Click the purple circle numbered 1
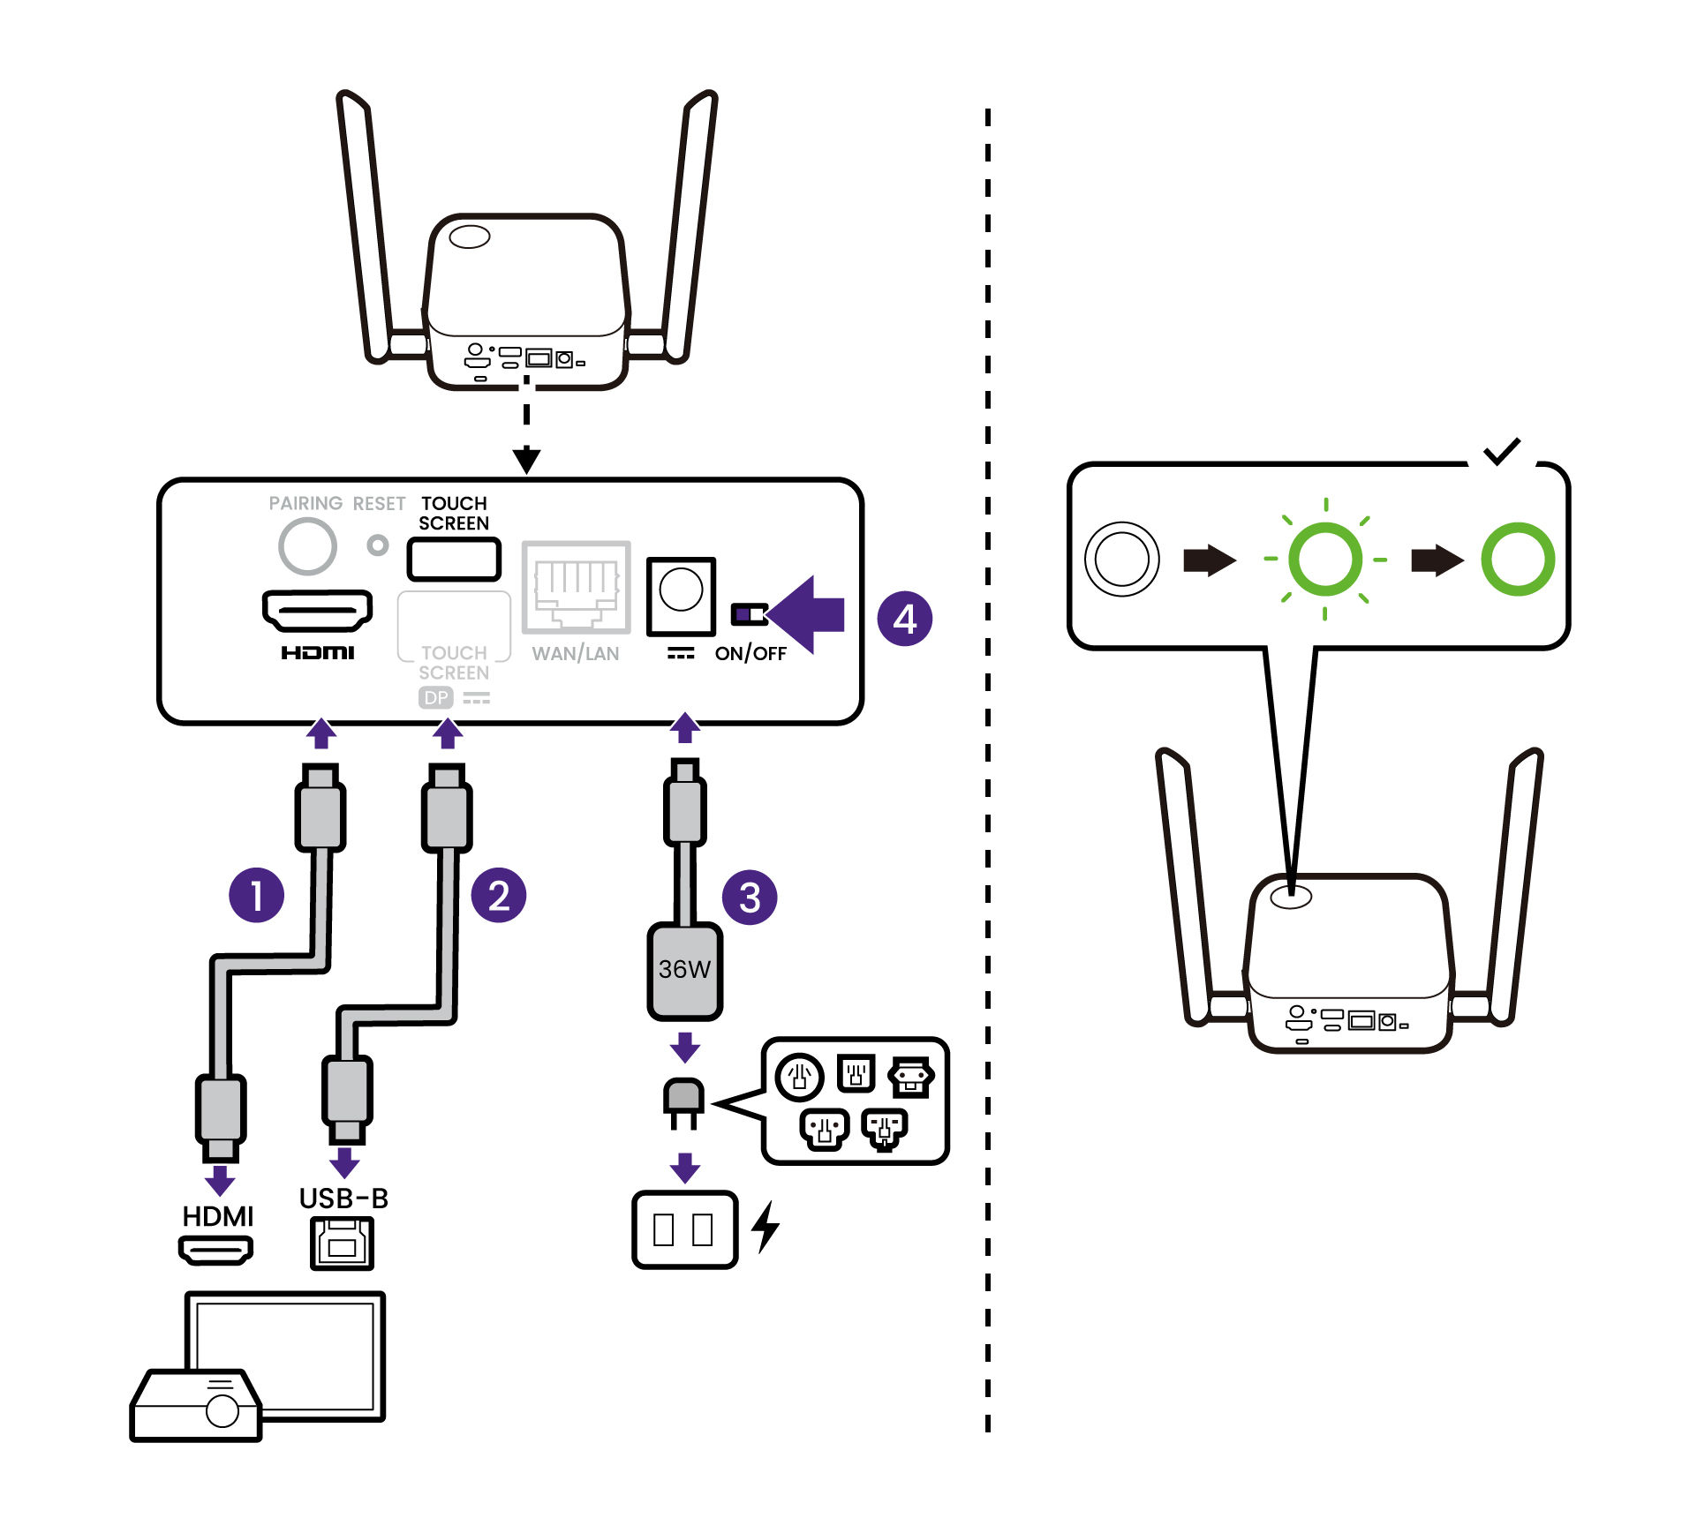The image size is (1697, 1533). tap(256, 895)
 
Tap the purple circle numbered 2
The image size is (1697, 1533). tap(498, 895)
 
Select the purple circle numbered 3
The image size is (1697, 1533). tap(749, 898)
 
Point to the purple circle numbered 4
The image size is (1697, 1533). tap(904, 619)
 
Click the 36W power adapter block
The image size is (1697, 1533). tap(684, 970)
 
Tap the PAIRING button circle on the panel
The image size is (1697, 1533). tap(306, 546)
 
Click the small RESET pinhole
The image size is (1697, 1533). tap(378, 545)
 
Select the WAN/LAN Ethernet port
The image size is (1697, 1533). tap(576, 587)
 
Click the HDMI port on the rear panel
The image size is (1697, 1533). tap(317, 610)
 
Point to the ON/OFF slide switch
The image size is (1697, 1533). tap(750, 613)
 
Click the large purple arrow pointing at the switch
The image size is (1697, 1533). tap(808, 614)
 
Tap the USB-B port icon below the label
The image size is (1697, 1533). tap(342, 1243)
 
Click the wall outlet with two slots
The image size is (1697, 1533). tap(684, 1229)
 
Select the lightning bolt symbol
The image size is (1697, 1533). tap(766, 1227)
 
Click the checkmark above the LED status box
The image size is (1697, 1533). tap(1501, 452)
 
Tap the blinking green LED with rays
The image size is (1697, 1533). tap(1324, 559)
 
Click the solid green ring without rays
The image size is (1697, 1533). tap(1517, 559)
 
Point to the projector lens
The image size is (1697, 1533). tap(222, 1410)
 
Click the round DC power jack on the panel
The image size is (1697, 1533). tap(681, 590)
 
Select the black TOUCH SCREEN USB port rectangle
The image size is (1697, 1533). tap(454, 560)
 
